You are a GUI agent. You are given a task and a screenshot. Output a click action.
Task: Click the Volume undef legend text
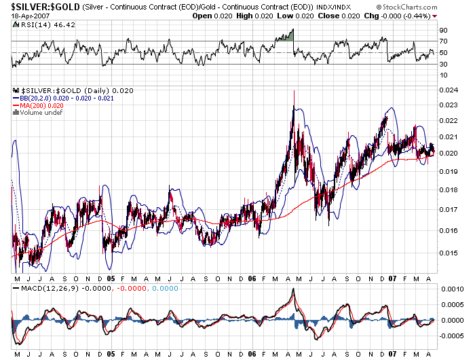coord(41,112)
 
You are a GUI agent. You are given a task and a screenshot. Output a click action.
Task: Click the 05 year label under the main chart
coord(111,278)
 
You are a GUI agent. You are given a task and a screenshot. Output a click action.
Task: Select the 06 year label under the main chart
coord(252,278)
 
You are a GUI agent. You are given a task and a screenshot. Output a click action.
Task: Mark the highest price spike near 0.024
coord(293,92)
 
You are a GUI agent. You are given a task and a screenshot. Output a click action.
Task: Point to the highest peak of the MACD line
coord(293,289)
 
